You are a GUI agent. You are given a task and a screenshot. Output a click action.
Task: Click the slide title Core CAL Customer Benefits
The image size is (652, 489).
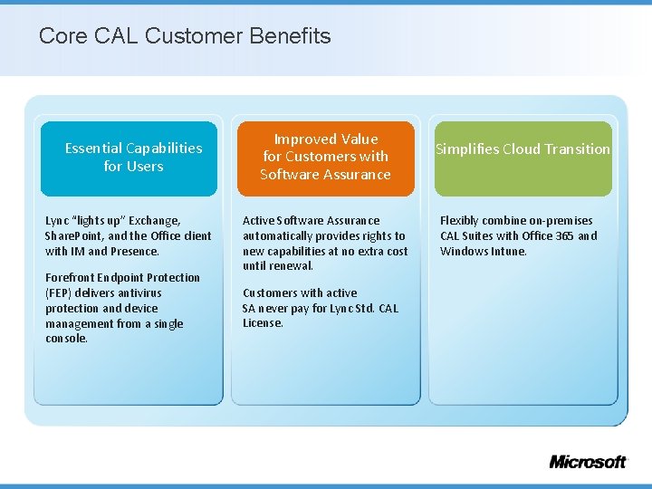pos(185,36)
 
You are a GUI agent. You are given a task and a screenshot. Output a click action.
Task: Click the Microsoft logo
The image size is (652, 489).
pos(587,461)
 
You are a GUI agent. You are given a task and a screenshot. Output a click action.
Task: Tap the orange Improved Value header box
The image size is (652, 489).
pos(325,157)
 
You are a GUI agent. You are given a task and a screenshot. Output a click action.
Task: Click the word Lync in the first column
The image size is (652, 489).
pos(58,220)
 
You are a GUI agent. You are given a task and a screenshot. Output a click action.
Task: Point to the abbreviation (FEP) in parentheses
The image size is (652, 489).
pos(60,293)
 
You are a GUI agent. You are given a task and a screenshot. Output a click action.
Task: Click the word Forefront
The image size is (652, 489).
pos(72,277)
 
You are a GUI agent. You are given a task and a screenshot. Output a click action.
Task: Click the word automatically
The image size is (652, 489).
pos(278,235)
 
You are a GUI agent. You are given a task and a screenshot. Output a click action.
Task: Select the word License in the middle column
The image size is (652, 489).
pos(263,323)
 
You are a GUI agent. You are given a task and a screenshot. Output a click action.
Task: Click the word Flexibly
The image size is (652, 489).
pos(462,220)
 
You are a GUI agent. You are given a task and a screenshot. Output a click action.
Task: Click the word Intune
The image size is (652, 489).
pos(507,251)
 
